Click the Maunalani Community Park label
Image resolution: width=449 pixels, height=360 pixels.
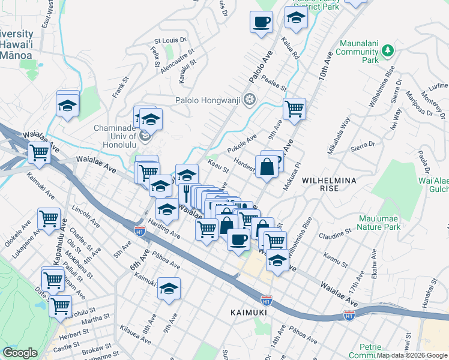[358, 52]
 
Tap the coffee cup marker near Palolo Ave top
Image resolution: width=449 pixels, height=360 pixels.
[261, 23]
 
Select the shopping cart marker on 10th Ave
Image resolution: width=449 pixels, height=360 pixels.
[294, 109]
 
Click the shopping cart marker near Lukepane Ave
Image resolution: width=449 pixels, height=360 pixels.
[49, 220]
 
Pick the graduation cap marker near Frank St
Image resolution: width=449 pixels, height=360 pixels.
[68, 105]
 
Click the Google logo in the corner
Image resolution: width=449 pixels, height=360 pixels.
[20, 353]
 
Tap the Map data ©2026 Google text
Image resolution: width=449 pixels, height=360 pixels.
[412, 355]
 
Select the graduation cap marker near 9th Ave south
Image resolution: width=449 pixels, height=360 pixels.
[169, 289]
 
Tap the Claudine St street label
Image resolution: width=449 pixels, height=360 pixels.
[335, 233]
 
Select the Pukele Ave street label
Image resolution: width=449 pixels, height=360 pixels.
[242, 143]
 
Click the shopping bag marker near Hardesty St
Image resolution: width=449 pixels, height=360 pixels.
[267, 167]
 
